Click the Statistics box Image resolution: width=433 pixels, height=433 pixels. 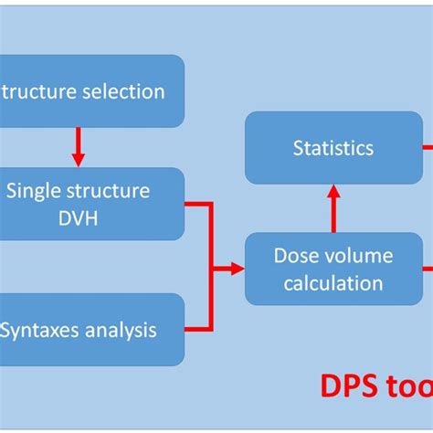(333, 149)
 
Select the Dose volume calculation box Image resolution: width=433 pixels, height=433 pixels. (333, 269)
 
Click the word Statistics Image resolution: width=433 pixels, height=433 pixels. (333, 147)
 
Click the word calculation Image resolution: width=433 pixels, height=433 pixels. (333, 283)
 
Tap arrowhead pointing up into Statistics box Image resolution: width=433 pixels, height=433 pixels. (334, 192)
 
